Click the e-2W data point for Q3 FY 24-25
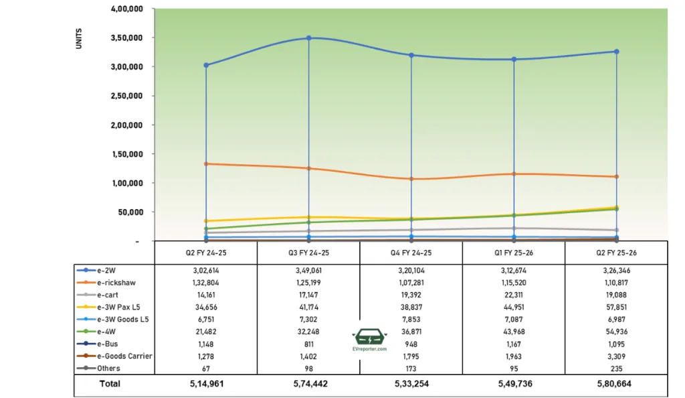coord(308,38)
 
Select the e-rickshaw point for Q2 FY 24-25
coord(206,163)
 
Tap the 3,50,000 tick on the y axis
coord(126,38)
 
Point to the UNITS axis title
coord(79,38)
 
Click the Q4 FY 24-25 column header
coord(411,253)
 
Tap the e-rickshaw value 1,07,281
coord(411,282)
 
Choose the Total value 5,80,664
coord(616,384)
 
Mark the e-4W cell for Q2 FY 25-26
coord(616,331)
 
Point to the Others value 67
coord(206,368)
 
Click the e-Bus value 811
coord(308,344)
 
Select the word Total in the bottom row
coord(110,384)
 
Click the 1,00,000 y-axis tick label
coord(126,183)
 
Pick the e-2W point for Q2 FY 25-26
coord(616,52)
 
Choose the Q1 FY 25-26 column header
coord(514,253)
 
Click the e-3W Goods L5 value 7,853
coord(411,319)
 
